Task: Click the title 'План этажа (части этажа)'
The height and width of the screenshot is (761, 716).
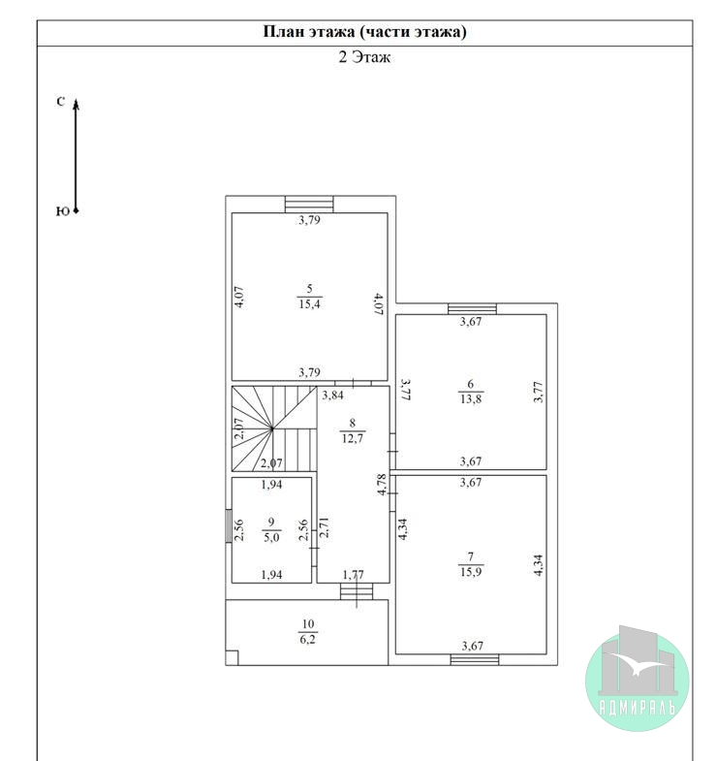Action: pyautogui.click(x=365, y=32)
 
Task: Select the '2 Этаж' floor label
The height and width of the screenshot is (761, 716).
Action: pyautogui.click(x=364, y=57)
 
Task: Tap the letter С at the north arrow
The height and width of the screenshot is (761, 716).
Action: pyautogui.click(x=61, y=102)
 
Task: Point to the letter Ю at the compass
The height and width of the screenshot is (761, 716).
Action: pyautogui.click(x=62, y=211)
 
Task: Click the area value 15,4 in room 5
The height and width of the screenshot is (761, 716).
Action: pyautogui.click(x=309, y=304)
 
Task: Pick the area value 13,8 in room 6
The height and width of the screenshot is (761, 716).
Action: pyautogui.click(x=471, y=399)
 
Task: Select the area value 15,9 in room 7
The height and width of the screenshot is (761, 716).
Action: pyautogui.click(x=471, y=572)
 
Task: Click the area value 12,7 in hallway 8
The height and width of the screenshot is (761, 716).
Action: pyautogui.click(x=352, y=439)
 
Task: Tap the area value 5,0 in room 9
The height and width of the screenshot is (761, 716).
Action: pyautogui.click(x=271, y=537)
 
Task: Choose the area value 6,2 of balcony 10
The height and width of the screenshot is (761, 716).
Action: pyautogui.click(x=307, y=639)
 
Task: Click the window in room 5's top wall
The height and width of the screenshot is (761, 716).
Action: pyautogui.click(x=309, y=205)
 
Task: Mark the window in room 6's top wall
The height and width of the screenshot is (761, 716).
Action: pyautogui.click(x=472, y=309)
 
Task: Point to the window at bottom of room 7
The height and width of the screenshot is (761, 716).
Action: pyautogui.click(x=475, y=659)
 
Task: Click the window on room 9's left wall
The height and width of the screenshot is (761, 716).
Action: pyautogui.click(x=229, y=525)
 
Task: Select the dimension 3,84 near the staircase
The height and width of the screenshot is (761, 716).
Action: pyautogui.click(x=332, y=396)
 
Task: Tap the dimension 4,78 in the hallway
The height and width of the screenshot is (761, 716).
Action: pyautogui.click(x=382, y=485)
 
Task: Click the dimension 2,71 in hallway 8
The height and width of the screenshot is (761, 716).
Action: pyautogui.click(x=324, y=527)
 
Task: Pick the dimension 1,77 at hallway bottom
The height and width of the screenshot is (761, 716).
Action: pyautogui.click(x=353, y=575)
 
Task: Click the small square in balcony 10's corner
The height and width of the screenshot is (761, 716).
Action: pyautogui.click(x=232, y=658)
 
